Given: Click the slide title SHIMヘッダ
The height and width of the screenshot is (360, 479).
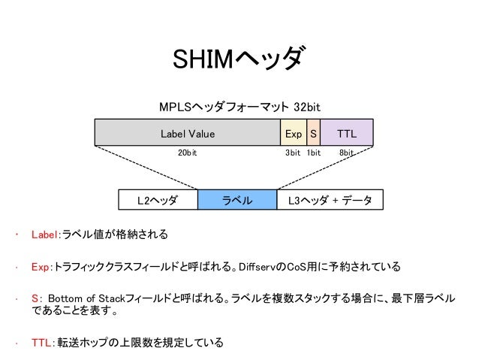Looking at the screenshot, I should pyautogui.click(x=239, y=59).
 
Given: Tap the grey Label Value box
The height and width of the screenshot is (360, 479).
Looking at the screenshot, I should pyautogui.click(x=187, y=134).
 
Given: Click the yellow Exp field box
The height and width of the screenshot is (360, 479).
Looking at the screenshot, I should pyautogui.click(x=294, y=134).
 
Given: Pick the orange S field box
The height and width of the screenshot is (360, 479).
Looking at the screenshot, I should pyautogui.click(x=313, y=134).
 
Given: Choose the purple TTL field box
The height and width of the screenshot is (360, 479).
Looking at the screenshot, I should pyautogui.click(x=347, y=134).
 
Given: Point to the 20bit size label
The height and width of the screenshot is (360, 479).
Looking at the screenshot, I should pyautogui.click(x=187, y=153).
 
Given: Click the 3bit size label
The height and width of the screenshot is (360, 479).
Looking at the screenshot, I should pyautogui.click(x=293, y=153).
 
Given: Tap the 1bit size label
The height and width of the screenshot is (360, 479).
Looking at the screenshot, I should pyautogui.click(x=313, y=153).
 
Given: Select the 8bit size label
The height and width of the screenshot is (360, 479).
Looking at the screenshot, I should pyautogui.click(x=347, y=153).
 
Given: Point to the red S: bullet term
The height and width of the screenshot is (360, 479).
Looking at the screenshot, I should pyautogui.click(x=36, y=298).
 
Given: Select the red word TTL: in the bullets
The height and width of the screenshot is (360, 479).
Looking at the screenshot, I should pyautogui.click(x=42, y=343).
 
